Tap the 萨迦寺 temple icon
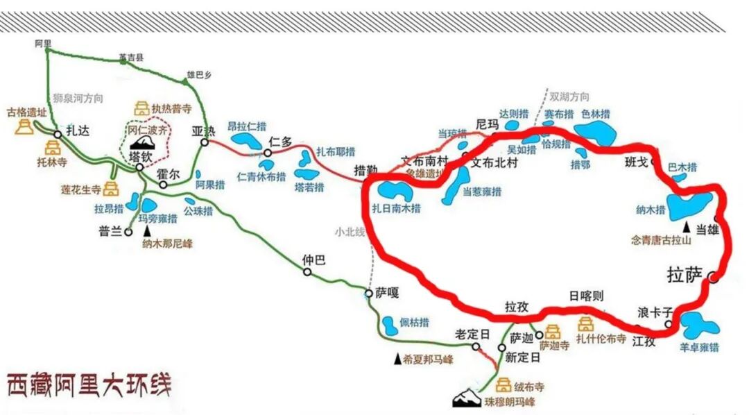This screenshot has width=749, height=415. click(x=553, y=332)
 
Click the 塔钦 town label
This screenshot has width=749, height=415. click(x=141, y=156)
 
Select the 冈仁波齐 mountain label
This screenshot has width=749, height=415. click(x=147, y=130)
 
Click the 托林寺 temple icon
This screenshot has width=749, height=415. click(x=53, y=147)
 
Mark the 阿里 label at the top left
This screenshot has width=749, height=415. click(x=43, y=42)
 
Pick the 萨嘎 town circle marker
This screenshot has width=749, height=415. click(x=368, y=294)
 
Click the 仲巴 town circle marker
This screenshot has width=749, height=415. click(x=307, y=272)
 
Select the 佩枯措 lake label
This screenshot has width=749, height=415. click(x=413, y=323)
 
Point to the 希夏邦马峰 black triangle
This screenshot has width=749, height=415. click(x=397, y=359)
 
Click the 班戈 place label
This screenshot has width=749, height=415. click(x=636, y=162)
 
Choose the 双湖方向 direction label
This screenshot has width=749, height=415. click(x=569, y=96)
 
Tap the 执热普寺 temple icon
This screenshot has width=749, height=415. click(x=141, y=108)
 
